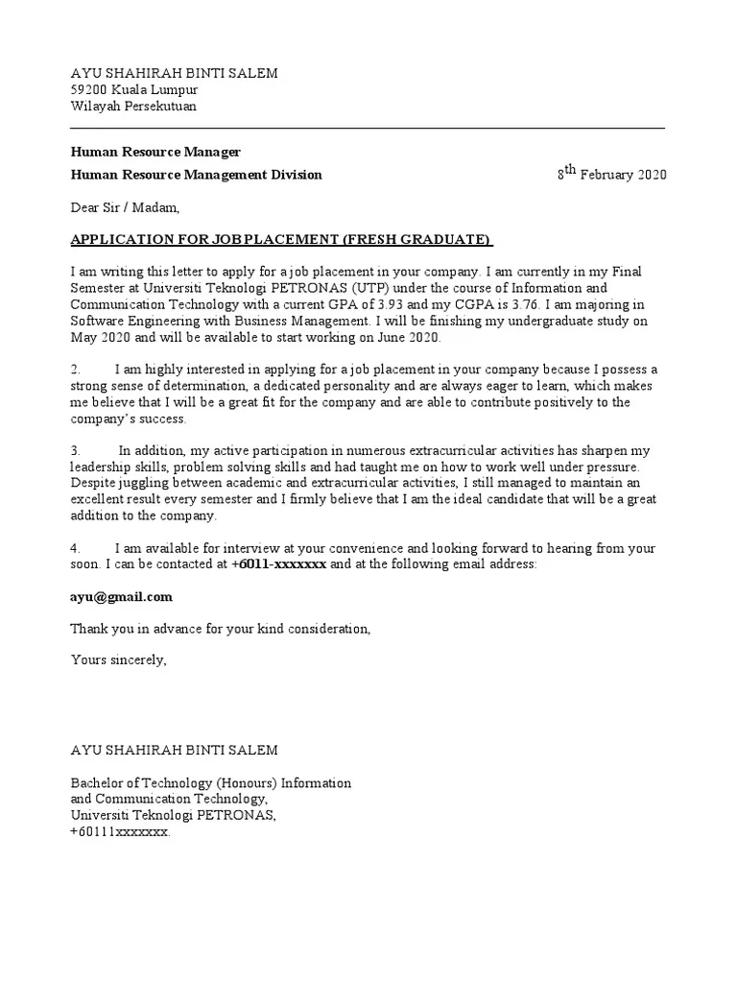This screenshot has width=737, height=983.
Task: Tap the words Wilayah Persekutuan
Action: click(x=133, y=107)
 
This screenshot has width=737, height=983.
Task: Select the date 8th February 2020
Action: click(x=611, y=174)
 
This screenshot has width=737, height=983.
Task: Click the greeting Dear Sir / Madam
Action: click(x=125, y=206)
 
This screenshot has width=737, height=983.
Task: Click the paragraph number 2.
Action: click(x=76, y=370)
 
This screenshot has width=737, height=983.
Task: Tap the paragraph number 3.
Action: click(x=76, y=451)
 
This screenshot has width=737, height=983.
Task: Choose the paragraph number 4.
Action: click(x=76, y=549)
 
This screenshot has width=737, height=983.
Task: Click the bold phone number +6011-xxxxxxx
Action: click(x=279, y=565)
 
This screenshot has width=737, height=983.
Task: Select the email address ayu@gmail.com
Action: click(x=122, y=597)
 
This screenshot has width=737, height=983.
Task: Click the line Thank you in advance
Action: click(x=220, y=629)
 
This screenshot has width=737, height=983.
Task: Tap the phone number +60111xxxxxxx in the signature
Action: click(x=121, y=831)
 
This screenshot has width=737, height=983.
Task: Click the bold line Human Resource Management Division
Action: click(x=197, y=175)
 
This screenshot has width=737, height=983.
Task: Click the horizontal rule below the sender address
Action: click(x=368, y=128)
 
